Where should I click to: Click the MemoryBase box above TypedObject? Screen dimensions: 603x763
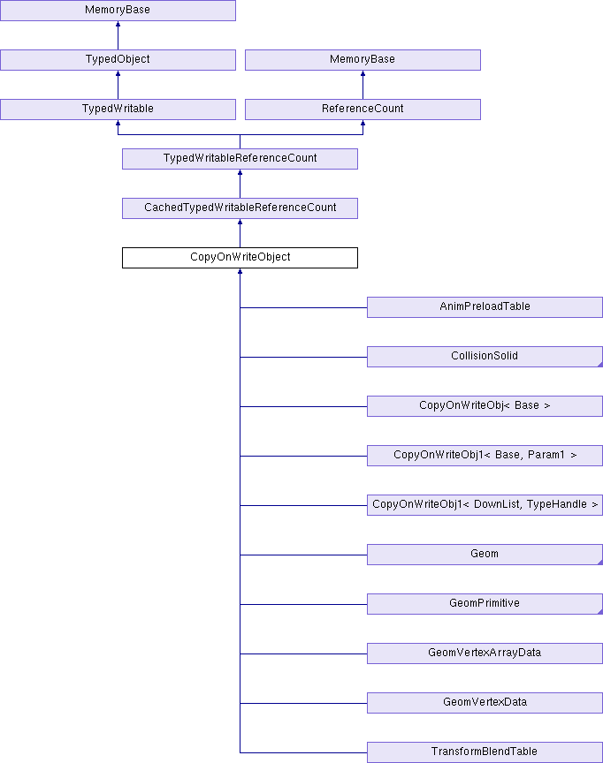point(118,11)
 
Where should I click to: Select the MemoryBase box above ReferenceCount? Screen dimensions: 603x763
point(363,60)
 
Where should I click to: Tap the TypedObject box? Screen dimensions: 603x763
point(118,60)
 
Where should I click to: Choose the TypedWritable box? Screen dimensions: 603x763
point(118,109)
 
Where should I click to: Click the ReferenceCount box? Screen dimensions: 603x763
point(363,109)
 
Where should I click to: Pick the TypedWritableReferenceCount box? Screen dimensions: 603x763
point(240,159)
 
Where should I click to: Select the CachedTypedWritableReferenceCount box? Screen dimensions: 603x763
point(240,208)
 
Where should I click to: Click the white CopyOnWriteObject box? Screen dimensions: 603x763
point(240,257)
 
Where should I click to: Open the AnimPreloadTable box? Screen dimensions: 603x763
point(485,307)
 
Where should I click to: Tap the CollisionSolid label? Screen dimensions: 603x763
point(485,356)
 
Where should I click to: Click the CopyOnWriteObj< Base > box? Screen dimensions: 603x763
point(485,406)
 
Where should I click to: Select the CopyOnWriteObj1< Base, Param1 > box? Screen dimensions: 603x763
point(485,456)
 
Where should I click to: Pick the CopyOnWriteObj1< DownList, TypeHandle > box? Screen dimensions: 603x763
point(485,505)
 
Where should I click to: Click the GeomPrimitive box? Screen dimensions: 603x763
point(485,604)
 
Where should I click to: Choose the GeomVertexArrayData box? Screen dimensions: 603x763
point(485,653)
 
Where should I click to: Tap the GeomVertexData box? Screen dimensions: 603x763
point(485,703)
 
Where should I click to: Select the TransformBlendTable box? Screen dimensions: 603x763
point(485,752)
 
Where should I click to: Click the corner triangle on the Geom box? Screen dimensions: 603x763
point(600,563)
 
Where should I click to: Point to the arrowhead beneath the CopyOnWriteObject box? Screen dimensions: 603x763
point(240,271)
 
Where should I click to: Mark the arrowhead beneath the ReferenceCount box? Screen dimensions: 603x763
point(363,123)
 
